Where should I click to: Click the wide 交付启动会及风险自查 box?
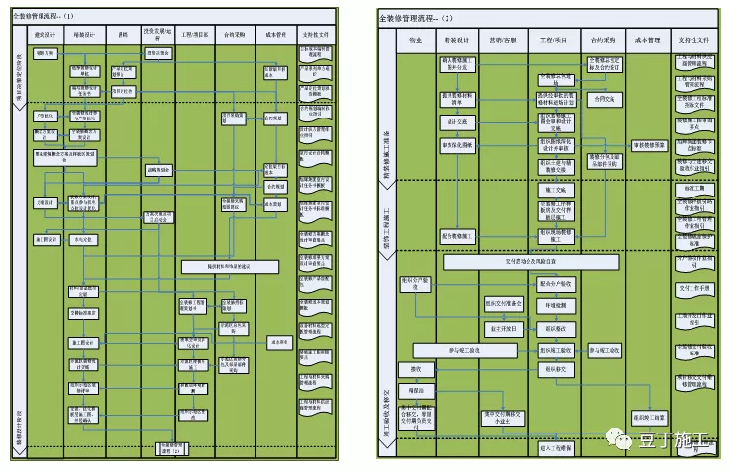coord(530,263)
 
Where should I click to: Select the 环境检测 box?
coord(557,305)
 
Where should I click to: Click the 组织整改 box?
coord(557,329)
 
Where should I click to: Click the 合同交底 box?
coord(603,99)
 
